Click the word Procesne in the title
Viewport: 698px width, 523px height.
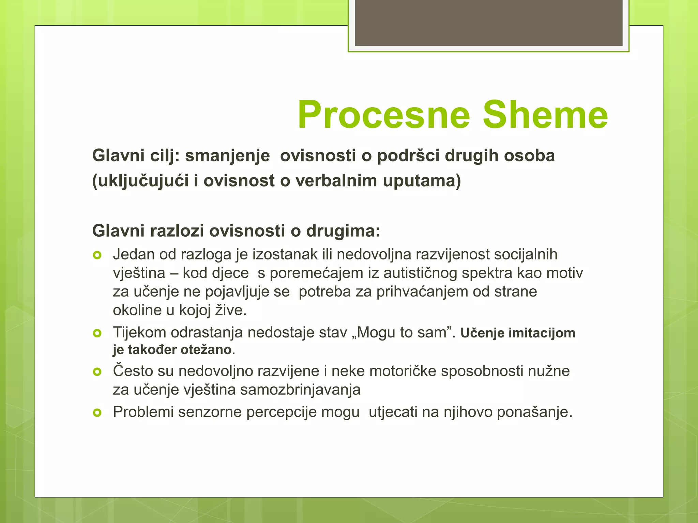click(384, 115)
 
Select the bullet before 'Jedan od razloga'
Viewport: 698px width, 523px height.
click(97, 255)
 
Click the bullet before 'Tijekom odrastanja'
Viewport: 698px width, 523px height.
click(97, 333)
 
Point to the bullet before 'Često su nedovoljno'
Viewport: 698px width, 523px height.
click(97, 372)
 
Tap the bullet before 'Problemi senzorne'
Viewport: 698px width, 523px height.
click(97, 413)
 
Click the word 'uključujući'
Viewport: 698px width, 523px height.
click(140, 181)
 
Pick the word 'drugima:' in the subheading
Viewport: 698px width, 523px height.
click(343, 231)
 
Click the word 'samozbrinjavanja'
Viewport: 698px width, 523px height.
click(300, 390)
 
